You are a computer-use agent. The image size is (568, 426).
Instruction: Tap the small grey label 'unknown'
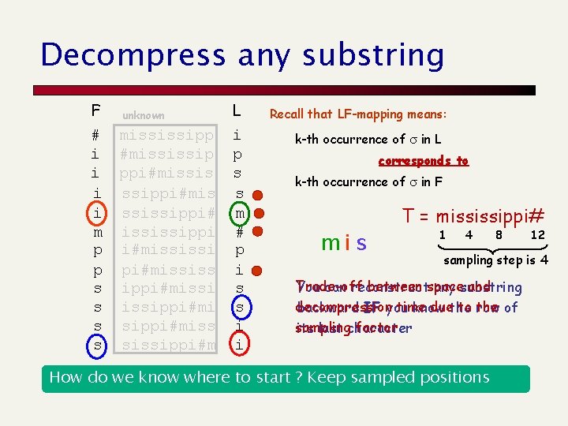[x=143, y=115]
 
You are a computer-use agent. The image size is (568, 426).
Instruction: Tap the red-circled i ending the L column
[x=237, y=343]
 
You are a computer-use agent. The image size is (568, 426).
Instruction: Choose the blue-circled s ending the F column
[x=95, y=344]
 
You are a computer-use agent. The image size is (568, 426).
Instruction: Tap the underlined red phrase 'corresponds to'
[x=423, y=161]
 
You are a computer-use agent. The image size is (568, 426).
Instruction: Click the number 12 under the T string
[x=537, y=235]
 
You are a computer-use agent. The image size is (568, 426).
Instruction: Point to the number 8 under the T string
[x=499, y=235]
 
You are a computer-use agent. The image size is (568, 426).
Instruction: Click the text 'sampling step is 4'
[x=495, y=260]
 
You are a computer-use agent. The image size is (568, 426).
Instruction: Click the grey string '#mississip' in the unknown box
[x=166, y=154]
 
